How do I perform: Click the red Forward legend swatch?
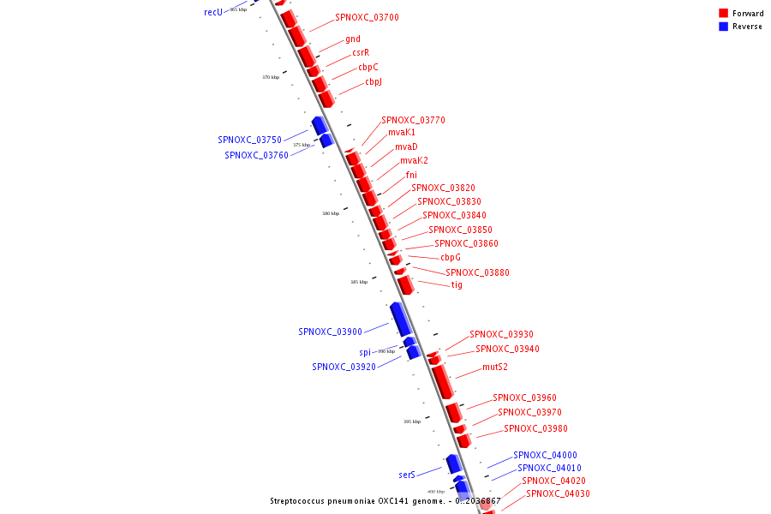(723, 13)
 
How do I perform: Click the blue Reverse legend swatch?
(723, 27)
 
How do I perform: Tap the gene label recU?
(213, 12)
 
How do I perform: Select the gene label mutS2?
(494, 367)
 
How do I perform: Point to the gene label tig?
(457, 284)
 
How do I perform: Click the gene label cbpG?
(451, 257)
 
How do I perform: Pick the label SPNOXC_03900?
(330, 332)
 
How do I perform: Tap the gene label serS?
(407, 475)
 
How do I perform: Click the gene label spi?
(365, 352)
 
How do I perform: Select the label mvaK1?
(401, 133)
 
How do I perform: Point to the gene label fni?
(411, 175)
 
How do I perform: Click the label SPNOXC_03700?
(367, 17)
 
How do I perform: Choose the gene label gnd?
(353, 39)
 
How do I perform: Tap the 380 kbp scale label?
(331, 213)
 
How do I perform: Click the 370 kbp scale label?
(271, 77)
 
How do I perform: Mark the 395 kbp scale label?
(412, 421)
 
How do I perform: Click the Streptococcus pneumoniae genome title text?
(385, 501)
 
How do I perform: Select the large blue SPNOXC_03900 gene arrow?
(401, 319)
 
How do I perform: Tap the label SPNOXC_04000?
(545, 455)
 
